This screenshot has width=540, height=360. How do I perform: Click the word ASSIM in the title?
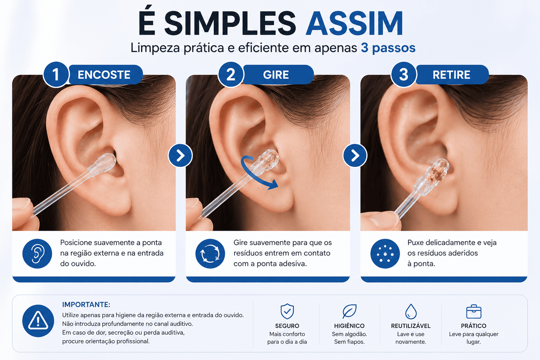click(x=354, y=24)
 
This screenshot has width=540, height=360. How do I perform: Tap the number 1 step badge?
click(x=56, y=75)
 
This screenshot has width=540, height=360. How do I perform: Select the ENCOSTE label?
click(x=104, y=75)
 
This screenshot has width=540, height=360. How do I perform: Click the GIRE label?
click(x=276, y=75)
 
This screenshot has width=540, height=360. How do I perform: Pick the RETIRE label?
click(x=451, y=75)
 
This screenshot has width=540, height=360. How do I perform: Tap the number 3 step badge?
click(x=403, y=75)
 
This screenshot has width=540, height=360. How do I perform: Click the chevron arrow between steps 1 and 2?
click(x=180, y=155)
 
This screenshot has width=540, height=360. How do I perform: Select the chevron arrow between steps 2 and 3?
click(x=355, y=155)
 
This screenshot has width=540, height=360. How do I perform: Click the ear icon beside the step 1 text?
click(x=37, y=253)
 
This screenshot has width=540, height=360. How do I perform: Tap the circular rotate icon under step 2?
click(x=210, y=253)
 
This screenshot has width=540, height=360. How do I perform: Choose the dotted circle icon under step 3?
click(x=385, y=253)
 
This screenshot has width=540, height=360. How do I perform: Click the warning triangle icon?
click(x=38, y=321)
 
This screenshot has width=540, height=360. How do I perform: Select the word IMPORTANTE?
click(x=86, y=304)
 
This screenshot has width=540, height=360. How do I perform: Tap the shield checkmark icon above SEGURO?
click(x=287, y=311)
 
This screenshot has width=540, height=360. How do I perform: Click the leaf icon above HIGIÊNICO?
click(x=349, y=311)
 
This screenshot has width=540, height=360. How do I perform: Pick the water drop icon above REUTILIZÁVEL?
click(x=411, y=311)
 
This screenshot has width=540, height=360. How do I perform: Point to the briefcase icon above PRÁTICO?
click(x=474, y=311)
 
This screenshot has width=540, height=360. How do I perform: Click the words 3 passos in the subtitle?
click(x=388, y=48)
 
